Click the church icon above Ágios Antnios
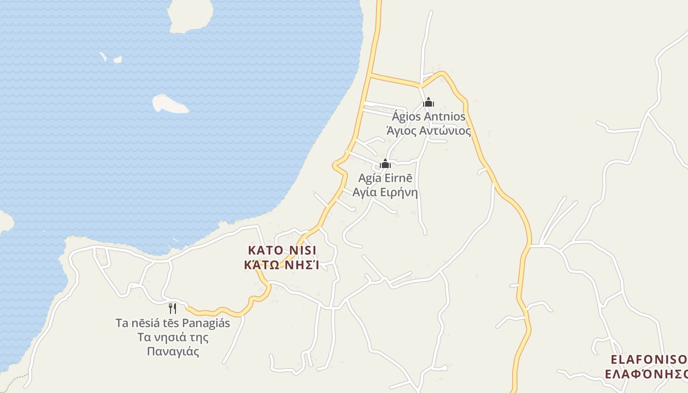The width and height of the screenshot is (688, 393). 429,102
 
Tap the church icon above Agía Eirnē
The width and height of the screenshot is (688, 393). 385,164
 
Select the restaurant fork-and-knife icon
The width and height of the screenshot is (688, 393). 172,309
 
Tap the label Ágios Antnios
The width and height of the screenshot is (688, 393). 429,117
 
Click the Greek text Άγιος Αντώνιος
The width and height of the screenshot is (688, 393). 429,131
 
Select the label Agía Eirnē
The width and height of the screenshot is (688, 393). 385,178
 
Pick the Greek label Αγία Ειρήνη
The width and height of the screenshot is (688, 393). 385,192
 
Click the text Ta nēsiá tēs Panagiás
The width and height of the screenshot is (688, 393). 173,323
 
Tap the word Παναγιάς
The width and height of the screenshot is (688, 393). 173,351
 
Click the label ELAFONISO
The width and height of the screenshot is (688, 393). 649,360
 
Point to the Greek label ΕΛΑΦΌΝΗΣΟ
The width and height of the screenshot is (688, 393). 646,374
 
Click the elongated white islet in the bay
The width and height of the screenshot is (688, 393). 170,104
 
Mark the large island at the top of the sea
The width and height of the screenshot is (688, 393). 191,15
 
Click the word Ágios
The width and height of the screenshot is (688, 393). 406,117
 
